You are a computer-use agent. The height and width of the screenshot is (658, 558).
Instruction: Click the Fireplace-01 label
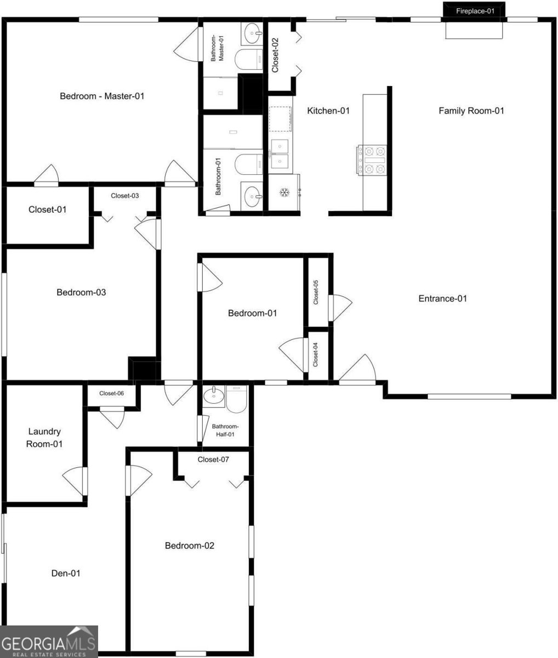[x=475, y=11]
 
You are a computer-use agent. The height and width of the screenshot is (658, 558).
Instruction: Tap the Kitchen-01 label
[x=328, y=111]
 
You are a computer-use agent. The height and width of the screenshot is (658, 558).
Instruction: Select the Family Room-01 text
[x=471, y=111]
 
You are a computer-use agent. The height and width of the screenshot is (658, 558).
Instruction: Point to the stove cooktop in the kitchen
[x=372, y=160]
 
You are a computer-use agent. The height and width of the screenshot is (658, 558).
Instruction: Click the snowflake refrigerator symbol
[x=284, y=192]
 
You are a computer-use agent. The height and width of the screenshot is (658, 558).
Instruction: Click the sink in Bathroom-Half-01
[x=214, y=396]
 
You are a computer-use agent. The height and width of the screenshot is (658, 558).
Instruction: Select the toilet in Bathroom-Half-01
[x=236, y=399]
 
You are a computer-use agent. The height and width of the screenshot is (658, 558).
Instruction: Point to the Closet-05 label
[x=316, y=292]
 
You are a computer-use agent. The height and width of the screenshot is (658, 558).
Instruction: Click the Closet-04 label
[x=315, y=354]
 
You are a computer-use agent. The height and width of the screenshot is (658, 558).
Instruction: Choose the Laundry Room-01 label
[x=44, y=438]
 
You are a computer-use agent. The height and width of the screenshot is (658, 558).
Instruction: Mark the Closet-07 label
[x=213, y=460]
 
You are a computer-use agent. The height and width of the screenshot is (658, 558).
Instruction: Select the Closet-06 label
[x=111, y=394]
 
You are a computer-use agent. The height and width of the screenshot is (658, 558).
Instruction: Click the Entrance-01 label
[x=442, y=299]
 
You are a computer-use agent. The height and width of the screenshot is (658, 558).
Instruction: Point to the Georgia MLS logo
[x=49, y=642]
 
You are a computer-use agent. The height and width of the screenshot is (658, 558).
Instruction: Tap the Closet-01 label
[x=48, y=209]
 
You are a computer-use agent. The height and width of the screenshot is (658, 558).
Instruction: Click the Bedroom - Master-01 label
[x=102, y=96]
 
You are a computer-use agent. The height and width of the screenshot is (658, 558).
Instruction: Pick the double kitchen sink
[x=280, y=154]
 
